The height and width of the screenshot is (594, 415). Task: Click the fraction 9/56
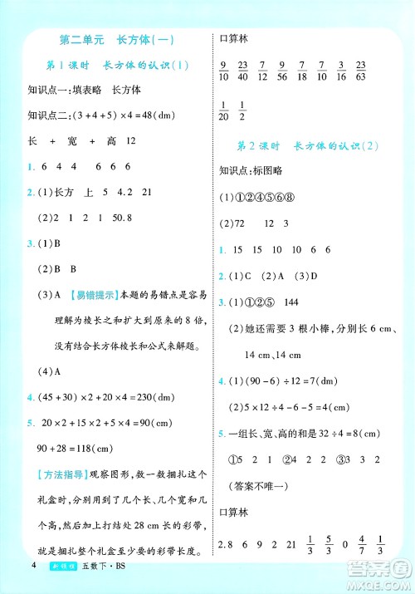click(x=281, y=71)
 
